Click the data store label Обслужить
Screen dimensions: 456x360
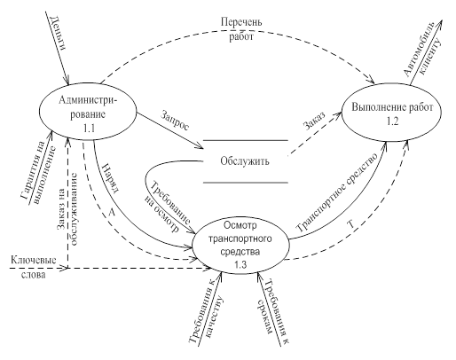coord(245,161)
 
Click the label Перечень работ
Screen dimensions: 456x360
coord(241,29)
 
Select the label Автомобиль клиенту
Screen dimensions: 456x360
coord(423,50)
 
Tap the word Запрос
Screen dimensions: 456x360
coord(175,121)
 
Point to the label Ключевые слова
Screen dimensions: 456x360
coord(34,267)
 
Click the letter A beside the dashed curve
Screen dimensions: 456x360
coord(112,212)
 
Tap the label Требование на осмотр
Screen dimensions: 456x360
coord(168,207)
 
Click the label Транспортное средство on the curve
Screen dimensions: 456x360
coord(338,192)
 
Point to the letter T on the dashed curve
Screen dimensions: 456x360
coord(351,224)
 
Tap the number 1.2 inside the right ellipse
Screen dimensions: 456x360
coord(392,121)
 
